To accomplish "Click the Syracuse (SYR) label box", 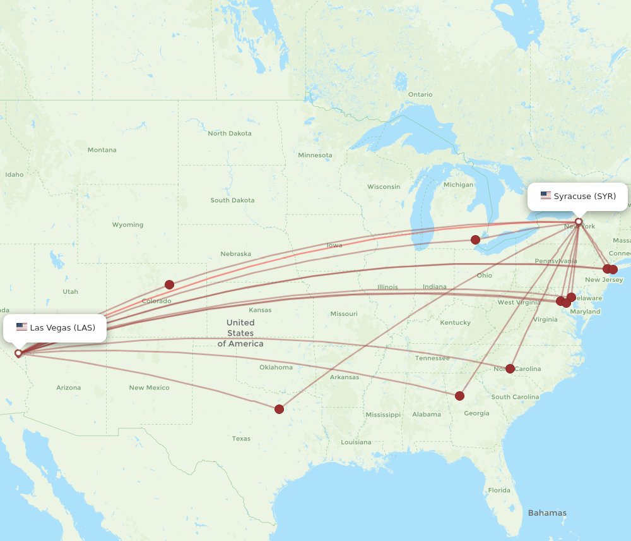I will [577, 197].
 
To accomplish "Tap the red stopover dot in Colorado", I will [169, 284].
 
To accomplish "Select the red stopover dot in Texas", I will [280, 409].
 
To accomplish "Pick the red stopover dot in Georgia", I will [459, 396].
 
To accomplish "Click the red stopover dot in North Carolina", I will [510, 368].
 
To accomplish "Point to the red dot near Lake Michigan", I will [475, 240].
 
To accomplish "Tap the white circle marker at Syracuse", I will [578, 221].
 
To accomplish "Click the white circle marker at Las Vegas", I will [18, 353].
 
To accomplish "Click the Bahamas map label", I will [547, 513].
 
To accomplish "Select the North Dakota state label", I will [230, 133].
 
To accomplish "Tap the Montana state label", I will [102, 150].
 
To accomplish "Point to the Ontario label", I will [420, 94].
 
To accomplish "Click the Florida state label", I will [498, 490].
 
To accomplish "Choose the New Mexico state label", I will [149, 387].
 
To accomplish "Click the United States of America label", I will [240, 333].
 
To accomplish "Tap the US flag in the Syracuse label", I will [546, 196].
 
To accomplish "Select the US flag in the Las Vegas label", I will [21, 327].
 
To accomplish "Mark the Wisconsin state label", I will [384, 186].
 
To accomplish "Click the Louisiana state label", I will [356, 442].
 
